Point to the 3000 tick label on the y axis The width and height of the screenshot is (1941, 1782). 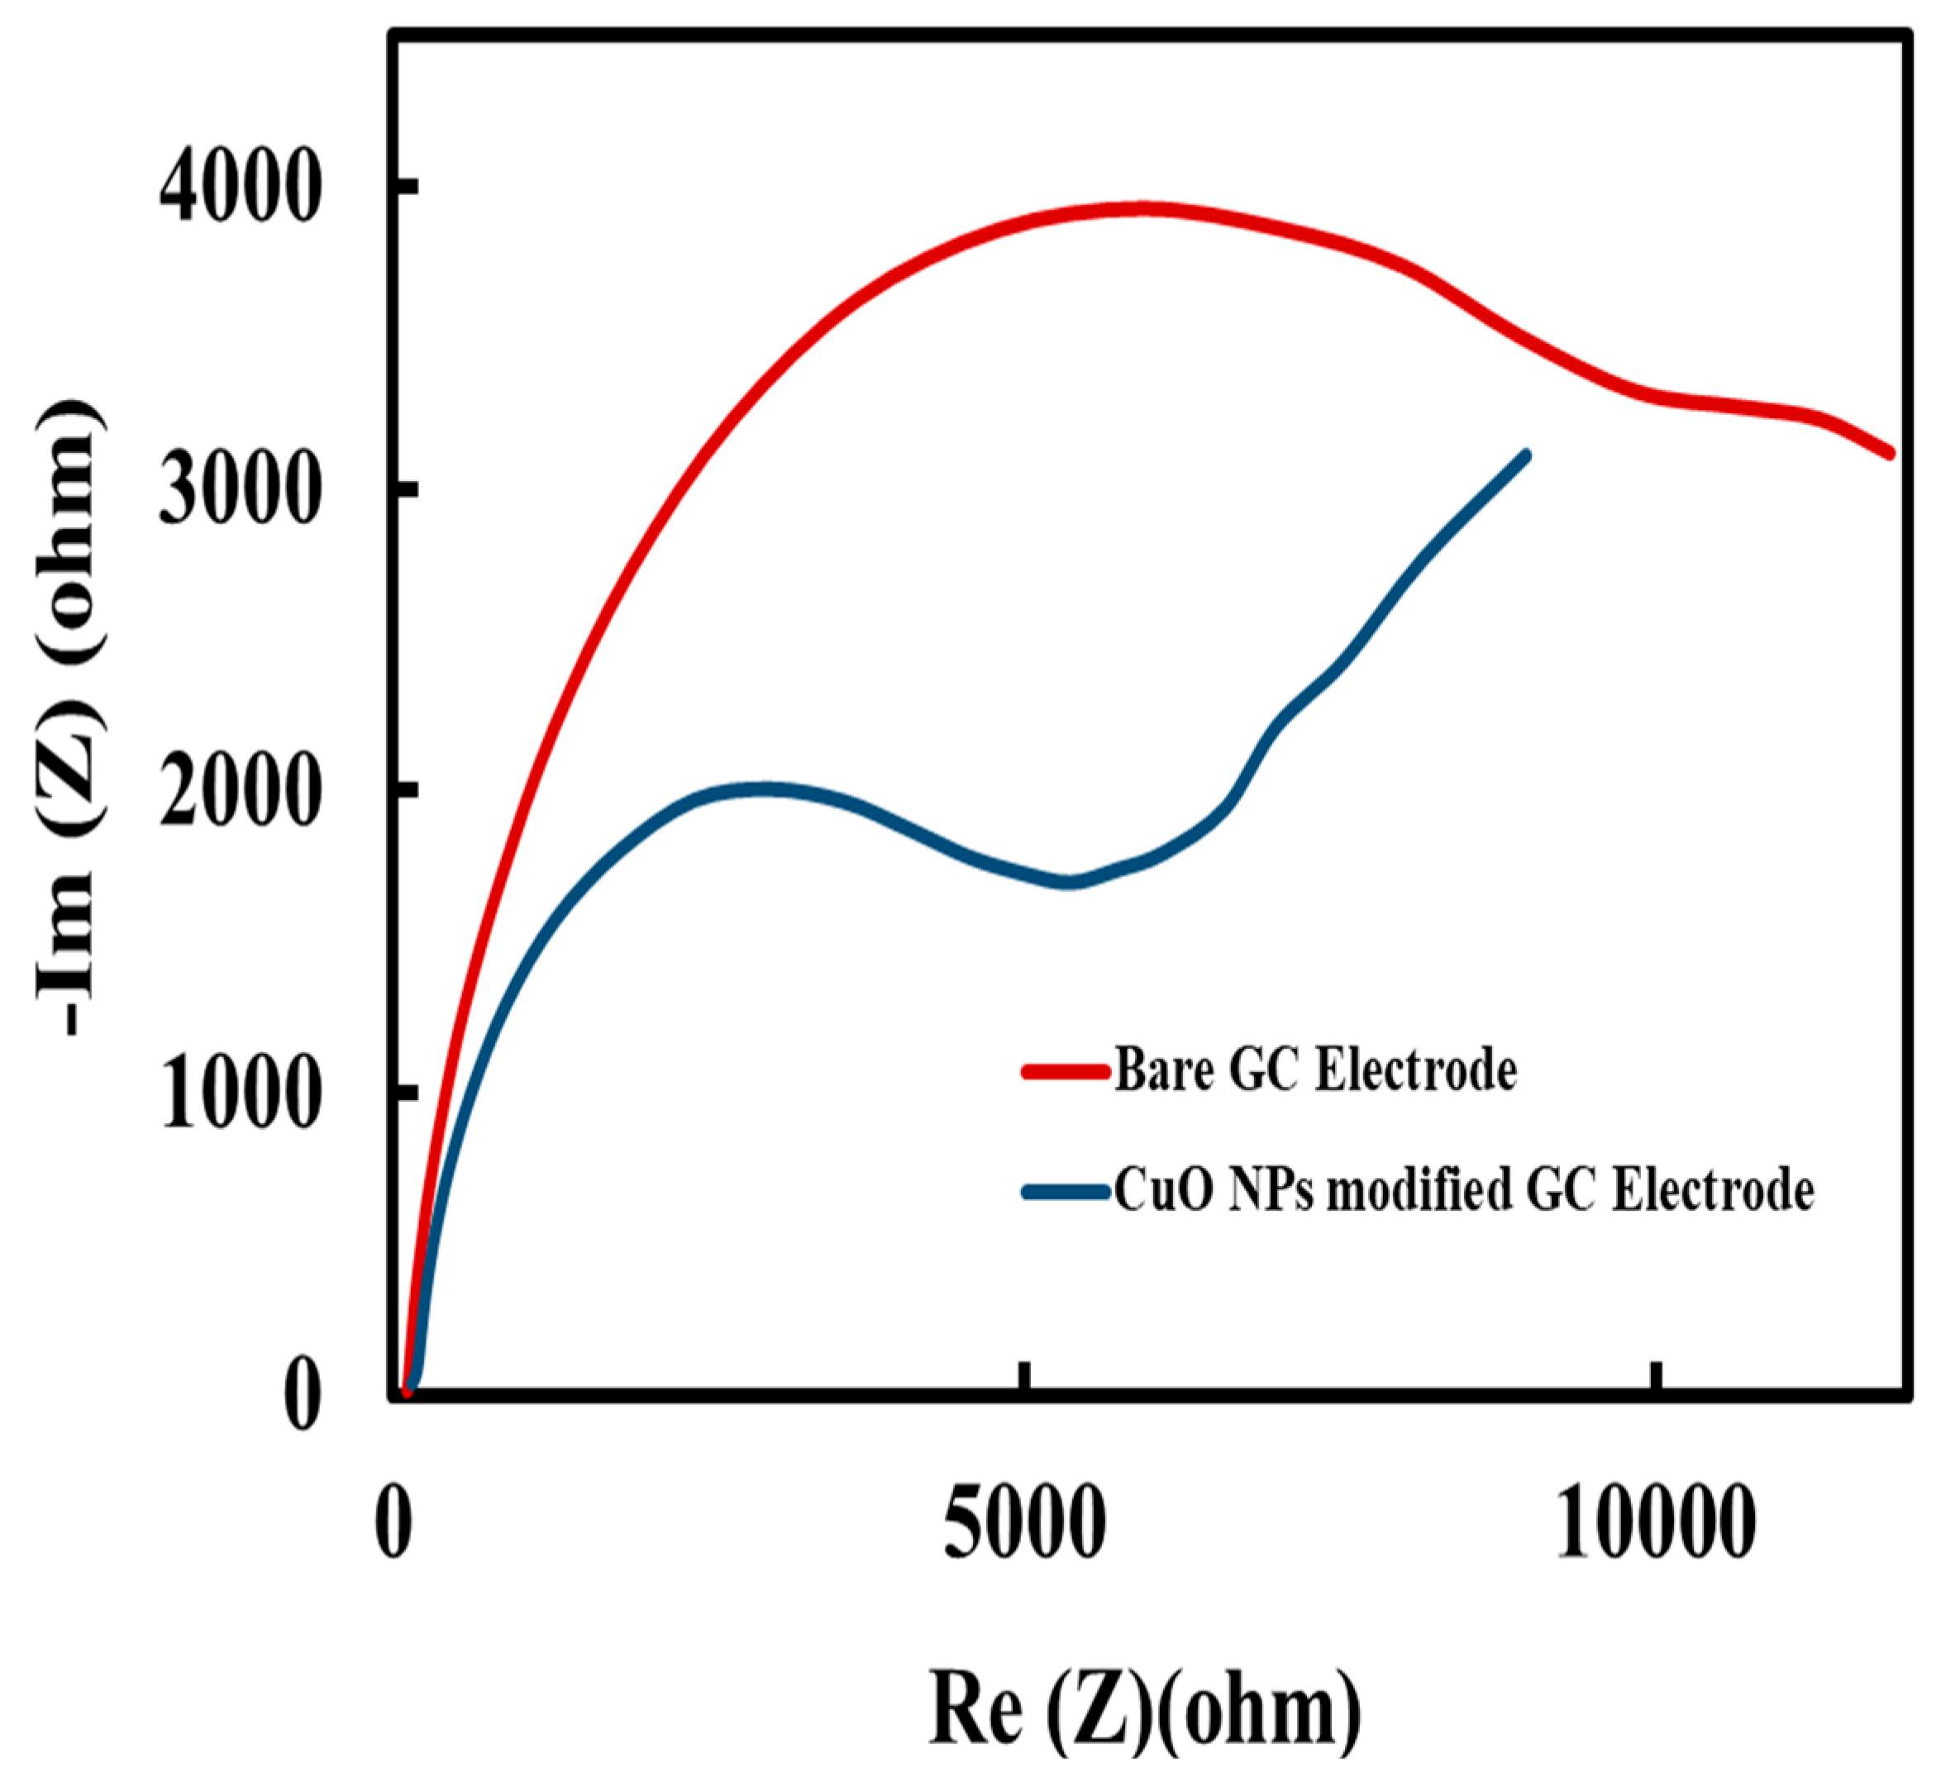click(x=239, y=490)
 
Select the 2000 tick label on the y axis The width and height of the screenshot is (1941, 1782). click(x=239, y=792)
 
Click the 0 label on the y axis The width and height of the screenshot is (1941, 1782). click(x=302, y=1396)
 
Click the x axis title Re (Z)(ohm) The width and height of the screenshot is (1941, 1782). click(x=1145, y=1704)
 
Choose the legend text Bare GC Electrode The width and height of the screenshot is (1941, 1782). click(x=1315, y=1070)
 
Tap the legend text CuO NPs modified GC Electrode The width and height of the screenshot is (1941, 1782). click(x=1464, y=1191)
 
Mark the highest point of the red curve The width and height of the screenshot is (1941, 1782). click(x=1142, y=208)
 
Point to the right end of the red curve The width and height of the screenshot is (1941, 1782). click(x=1889, y=451)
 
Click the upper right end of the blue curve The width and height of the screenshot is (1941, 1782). click(x=1525, y=455)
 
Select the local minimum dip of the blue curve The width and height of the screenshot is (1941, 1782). click(x=1068, y=881)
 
